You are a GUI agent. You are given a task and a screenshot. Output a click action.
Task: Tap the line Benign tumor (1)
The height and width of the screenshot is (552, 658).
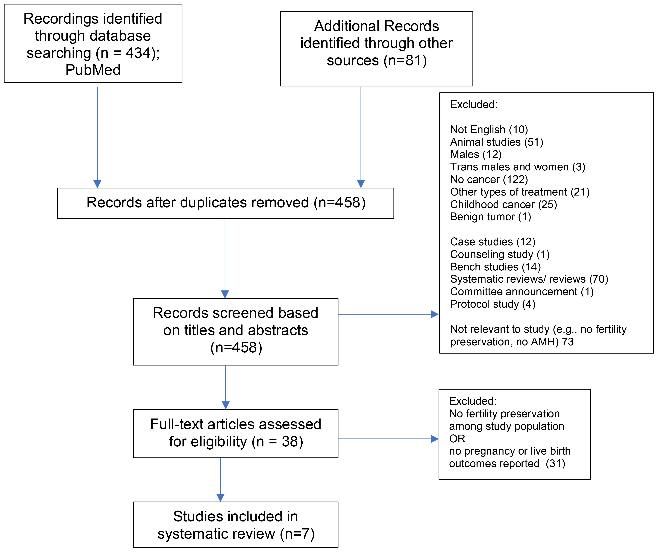[x=490, y=217]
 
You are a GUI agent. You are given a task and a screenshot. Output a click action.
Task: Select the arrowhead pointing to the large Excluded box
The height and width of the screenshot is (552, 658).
[x=435, y=314]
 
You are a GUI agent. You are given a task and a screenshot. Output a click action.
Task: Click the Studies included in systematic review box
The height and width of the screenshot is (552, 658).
[x=236, y=525]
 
